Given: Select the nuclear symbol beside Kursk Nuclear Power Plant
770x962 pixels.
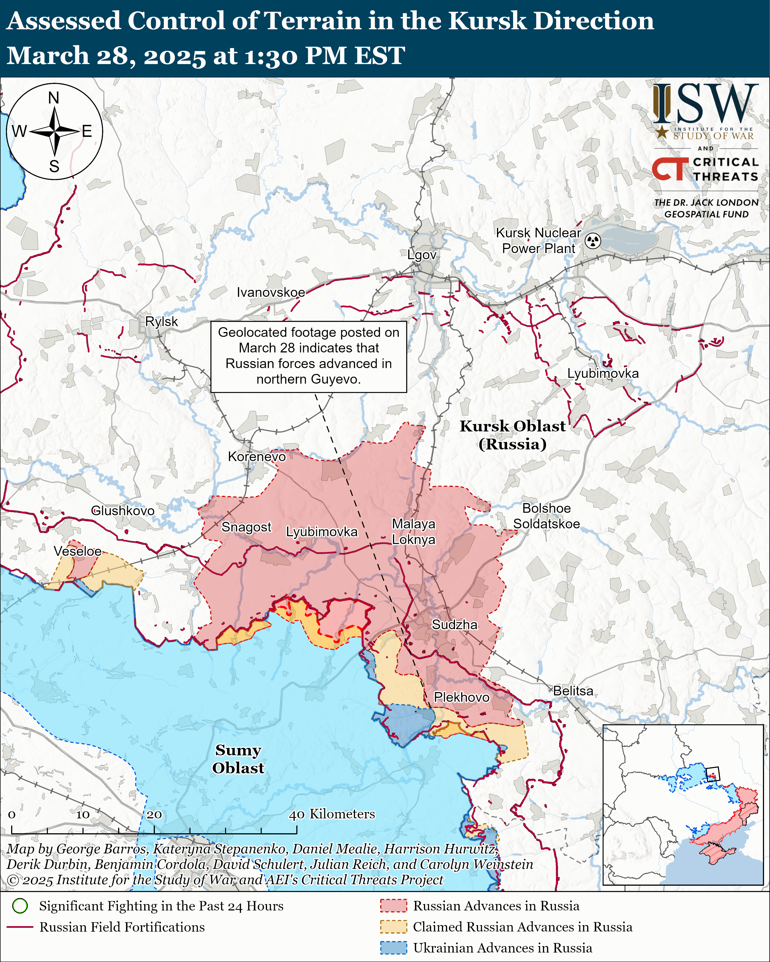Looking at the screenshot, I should pyautogui.click(x=593, y=241).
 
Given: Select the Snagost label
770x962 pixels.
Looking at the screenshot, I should pyautogui.click(x=246, y=527).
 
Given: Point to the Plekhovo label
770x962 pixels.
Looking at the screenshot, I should pyautogui.click(x=461, y=697).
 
